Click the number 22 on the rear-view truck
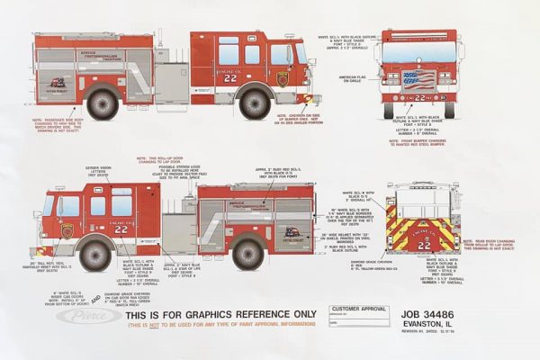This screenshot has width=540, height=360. point(424,245)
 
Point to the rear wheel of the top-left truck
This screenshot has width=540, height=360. point(103,103)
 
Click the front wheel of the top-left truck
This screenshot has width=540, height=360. point(254,103)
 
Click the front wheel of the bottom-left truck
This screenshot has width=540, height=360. point(94,255)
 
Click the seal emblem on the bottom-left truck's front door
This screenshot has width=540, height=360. point(68,231)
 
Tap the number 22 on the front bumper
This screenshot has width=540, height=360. point(419,96)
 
